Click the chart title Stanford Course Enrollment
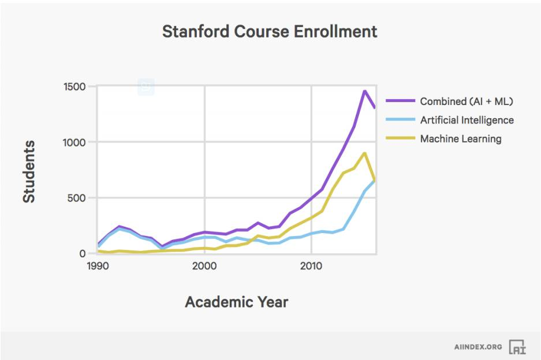(270, 31)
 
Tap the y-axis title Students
(29, 171)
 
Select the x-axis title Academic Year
(236, 302)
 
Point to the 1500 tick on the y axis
(74, 87)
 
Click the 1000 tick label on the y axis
(74, 142)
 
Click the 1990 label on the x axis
(98, 267)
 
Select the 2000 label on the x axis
(204, 267)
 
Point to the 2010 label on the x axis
(311, 267)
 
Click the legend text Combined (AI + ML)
(467, 101)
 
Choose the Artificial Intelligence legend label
(467, 120)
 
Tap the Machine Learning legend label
(461, 138)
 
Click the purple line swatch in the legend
(400, 101)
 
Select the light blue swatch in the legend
(400, 120)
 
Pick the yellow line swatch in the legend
(400, 138)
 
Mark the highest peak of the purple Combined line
(364, 91)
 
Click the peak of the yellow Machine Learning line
(364, 153)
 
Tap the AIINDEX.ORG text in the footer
(478, 347)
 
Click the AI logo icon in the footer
(517, 347)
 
